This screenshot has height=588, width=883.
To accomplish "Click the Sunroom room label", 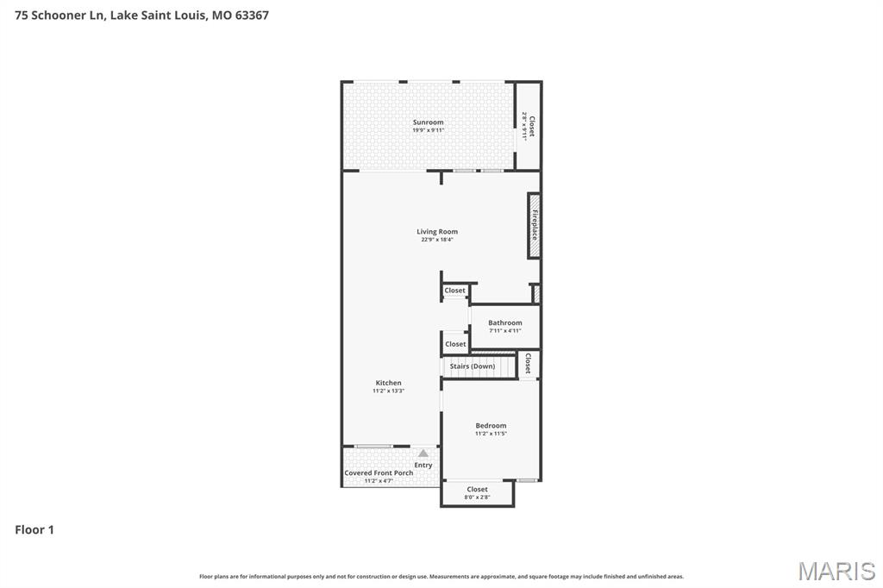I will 428,122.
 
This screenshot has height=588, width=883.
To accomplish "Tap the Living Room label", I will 437,231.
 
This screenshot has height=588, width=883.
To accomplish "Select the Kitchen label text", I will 388,383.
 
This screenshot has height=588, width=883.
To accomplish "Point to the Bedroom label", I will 491,425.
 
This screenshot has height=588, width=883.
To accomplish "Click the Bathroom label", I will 504,322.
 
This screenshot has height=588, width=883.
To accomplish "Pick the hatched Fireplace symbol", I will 535,225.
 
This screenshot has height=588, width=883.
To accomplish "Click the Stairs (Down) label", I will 473,366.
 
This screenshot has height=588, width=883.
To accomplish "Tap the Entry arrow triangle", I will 423,453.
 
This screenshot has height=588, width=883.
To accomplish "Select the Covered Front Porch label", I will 379,472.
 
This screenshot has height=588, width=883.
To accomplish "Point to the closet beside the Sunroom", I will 529,127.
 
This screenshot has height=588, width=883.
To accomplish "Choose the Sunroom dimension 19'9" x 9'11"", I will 428,130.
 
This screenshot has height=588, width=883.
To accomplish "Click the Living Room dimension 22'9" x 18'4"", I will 437,240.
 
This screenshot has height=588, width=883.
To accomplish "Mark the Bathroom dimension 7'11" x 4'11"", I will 504,330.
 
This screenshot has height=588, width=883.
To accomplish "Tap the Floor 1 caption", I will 34,529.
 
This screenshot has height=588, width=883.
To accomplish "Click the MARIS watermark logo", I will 836,571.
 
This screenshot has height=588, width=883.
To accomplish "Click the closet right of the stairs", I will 528,365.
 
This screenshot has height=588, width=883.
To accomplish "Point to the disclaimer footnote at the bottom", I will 441,576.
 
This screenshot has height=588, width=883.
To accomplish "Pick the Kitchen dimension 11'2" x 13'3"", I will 388,391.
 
